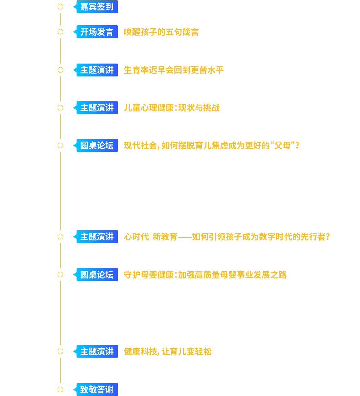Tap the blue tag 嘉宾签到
97,7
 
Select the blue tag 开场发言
97,32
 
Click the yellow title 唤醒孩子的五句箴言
161,32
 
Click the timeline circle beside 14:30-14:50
60,108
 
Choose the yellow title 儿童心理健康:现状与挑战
172,108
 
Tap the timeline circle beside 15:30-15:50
60,237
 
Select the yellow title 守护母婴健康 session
205,275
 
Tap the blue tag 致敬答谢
97,390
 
